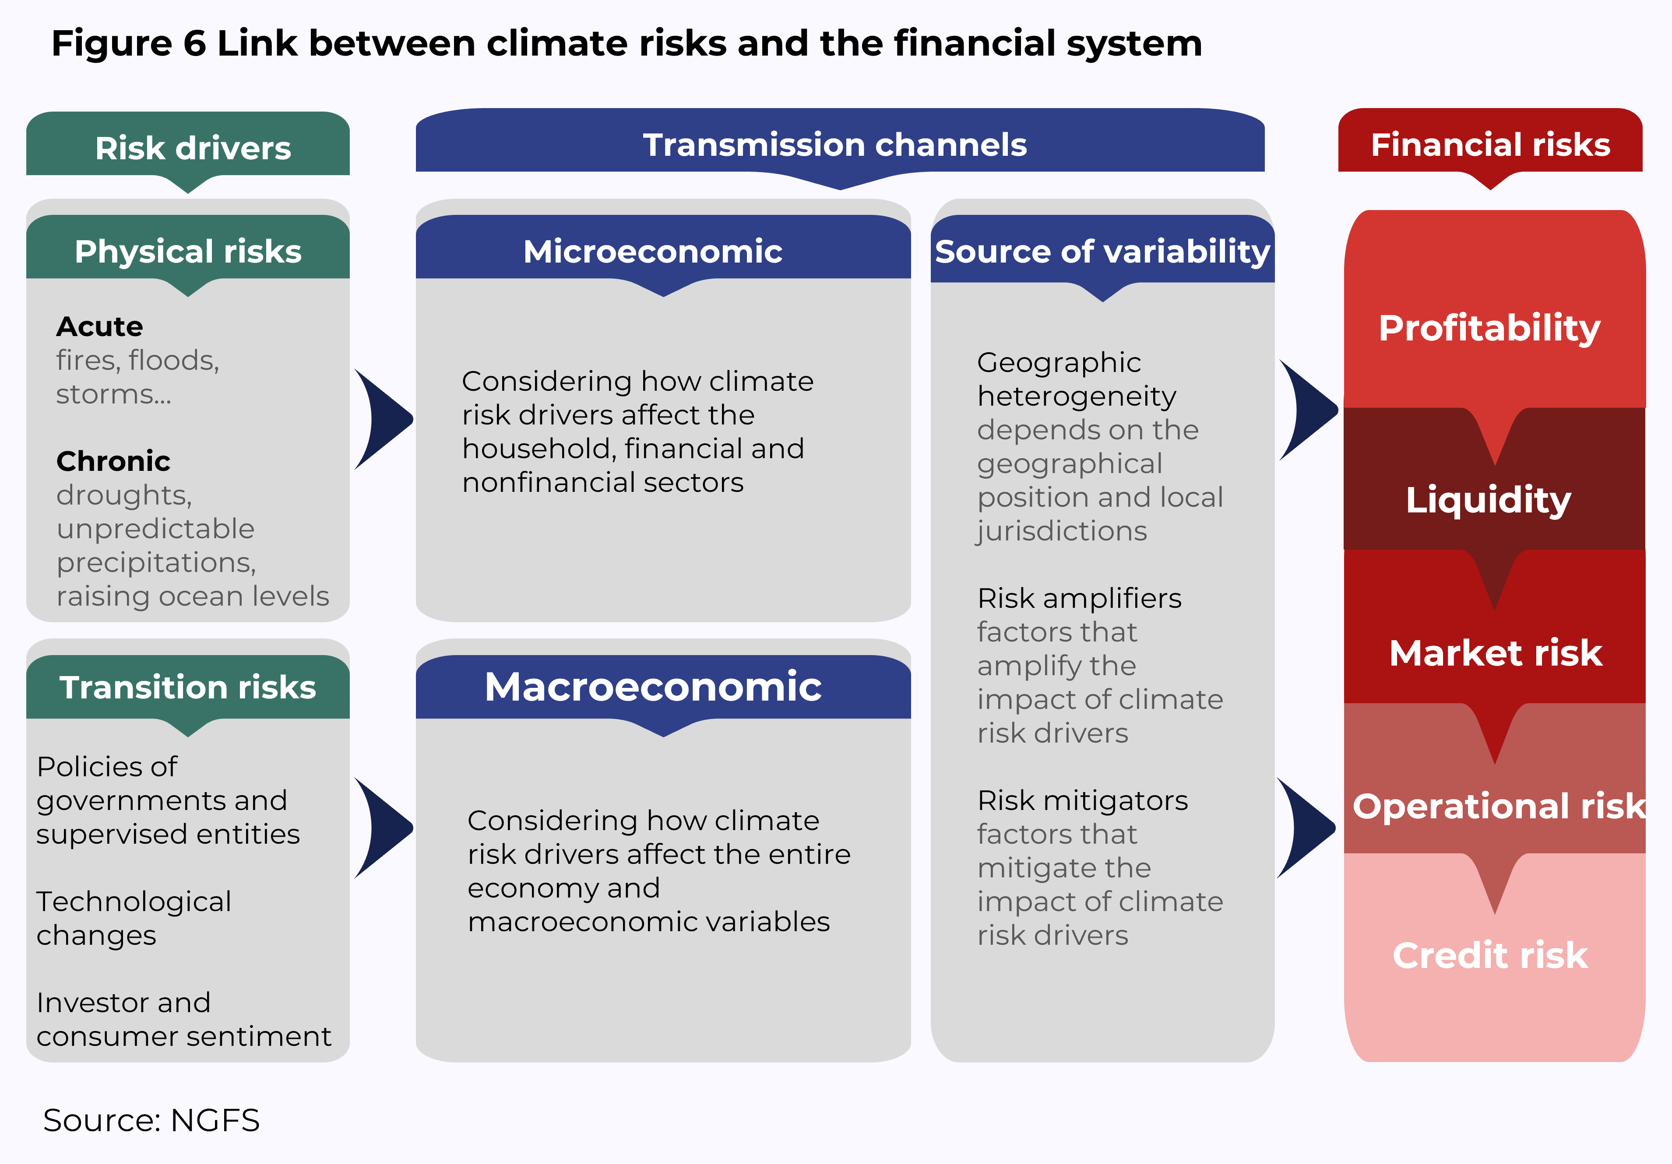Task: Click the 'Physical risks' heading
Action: tap(188, 252)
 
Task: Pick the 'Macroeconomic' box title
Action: tap(653, 687)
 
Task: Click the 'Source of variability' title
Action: tap(1102, 252)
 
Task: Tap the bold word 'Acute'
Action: tap(100, 327)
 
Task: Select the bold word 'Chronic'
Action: tap(113, 462)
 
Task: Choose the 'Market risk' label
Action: tap(1496, 653)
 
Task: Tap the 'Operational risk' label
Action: tap(1499, 806)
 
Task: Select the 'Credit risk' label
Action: tap(1490, 955)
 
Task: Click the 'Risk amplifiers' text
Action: tap(1079, 598)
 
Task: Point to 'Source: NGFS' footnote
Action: tap(151, 1120)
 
